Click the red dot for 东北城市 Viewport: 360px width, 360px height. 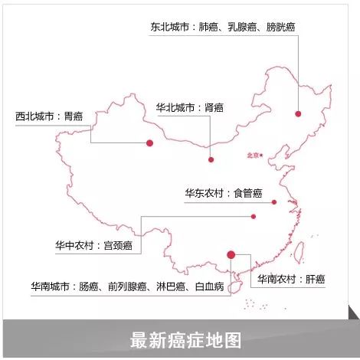(x=298, y=114)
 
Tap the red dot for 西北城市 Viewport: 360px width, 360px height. (x=150, y=143)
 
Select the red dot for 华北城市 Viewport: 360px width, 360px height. (x=211, y=159)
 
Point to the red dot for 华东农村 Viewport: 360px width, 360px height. (x=274, y=202)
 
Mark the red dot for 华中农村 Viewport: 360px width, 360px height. (x=254, y=217)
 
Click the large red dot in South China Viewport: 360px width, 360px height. (x=231, y=254)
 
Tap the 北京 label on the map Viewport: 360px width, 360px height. (x=254, y=155)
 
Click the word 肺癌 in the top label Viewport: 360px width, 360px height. (x=208, y=27)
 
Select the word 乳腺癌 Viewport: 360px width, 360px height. (x=242, y=27)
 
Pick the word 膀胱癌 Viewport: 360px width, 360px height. (x=281, y=27)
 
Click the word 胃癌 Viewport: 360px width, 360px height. (x=74, y=116)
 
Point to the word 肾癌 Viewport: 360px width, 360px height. (x=214, y=108)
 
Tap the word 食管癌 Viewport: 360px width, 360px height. (x=248, y=193)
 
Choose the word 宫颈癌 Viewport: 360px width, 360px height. (x=118, y=246)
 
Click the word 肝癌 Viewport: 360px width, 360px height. (x=316, y=280)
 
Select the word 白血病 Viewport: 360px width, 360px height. (x=210, y=286)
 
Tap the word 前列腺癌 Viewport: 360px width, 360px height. (x=127, y=286)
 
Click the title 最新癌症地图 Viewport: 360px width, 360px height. (x=185, y=340)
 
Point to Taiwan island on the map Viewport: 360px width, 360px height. (x=299, y=252)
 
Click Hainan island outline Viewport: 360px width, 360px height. (x=234, y=287)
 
